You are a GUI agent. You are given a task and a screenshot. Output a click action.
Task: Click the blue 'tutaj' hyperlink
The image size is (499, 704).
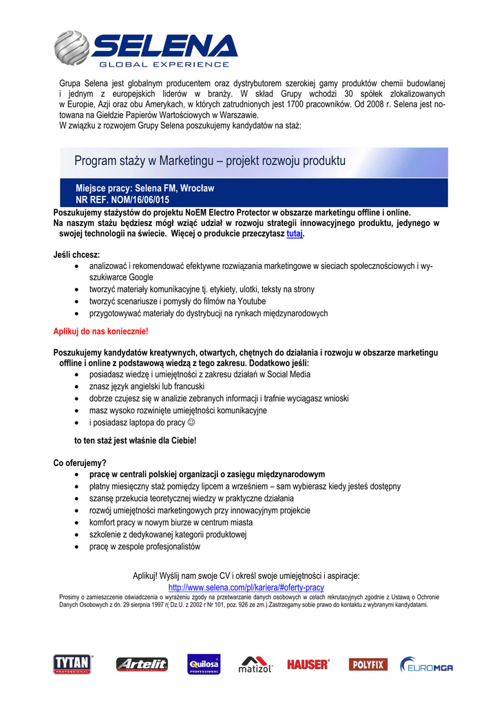pyautogui.click(x=294, y=234)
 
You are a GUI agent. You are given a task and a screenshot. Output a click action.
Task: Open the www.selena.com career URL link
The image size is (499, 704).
pyautogui.click(x=246, y=588)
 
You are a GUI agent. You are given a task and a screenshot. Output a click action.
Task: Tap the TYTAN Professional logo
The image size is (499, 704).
pyautogui.click(x=72, y=664)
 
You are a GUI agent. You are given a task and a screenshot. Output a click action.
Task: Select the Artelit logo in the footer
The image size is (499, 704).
pyautogui.click(x=142, y=664)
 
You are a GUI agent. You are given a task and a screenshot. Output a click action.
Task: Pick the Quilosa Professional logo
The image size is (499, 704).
pyautogui.click(x=203, y=664)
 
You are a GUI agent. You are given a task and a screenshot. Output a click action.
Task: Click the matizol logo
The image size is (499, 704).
pyautogui.click(x=256, y=665)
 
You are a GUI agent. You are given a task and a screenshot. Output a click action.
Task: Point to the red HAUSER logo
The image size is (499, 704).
pyautogui.click(x=308, y=664)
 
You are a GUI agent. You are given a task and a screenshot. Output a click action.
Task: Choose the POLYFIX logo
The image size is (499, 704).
pyautogui.click(x=368, y=664)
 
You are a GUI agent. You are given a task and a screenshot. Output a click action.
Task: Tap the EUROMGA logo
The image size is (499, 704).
pyautogui.click(x=427, y=665)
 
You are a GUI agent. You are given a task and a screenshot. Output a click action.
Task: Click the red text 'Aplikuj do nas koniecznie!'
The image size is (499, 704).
pyautogui.click(x=100, y=331)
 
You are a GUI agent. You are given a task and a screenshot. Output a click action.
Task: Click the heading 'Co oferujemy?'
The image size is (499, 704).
pyautogui.click(x=80, y=462)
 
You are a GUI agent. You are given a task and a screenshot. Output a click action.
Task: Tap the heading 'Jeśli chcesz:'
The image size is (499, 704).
pyautogui.click(x=76, y=254)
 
